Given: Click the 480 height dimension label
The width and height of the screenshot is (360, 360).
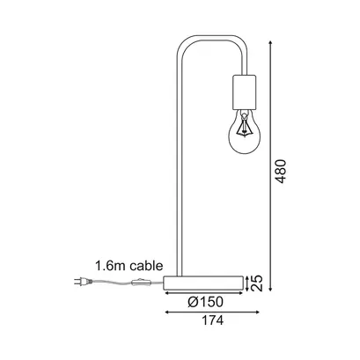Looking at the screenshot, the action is click(x=281, y=172).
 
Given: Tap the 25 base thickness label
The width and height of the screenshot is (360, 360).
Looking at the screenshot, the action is click(x=257, y=283).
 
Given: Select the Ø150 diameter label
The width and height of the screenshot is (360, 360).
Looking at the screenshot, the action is click(x=205, y=302).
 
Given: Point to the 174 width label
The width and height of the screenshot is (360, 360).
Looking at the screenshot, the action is click(x=212, y=320).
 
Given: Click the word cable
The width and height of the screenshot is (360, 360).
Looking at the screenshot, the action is click(x=146, y=266).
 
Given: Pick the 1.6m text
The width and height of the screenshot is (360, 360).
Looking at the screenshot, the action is click(x=111, y=266).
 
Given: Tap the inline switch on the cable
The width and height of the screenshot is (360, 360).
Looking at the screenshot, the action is click(x=141, y=283).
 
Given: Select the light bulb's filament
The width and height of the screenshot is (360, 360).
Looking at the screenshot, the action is click(x=244, y=126).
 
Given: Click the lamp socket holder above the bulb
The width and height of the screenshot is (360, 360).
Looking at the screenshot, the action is click(x=245, y=92).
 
